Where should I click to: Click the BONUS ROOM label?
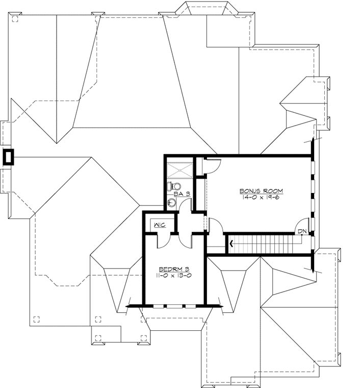click(261, 191)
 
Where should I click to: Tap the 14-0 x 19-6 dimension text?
click(261, 197)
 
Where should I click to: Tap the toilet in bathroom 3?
click(175, 185)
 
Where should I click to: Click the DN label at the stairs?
click(302, 232)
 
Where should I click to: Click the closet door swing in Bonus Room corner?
click(212, 164)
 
